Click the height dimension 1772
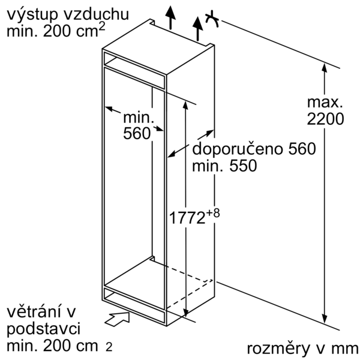187,218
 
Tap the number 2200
325,119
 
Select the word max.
325,102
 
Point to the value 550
243,166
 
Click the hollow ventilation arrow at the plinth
117,319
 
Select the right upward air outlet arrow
197,29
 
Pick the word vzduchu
96,14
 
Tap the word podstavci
44,329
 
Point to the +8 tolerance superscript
213,213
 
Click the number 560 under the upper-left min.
137,133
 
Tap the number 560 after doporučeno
302,149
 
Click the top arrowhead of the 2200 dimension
324,68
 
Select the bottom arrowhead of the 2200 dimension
324,319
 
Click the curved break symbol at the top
212,19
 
